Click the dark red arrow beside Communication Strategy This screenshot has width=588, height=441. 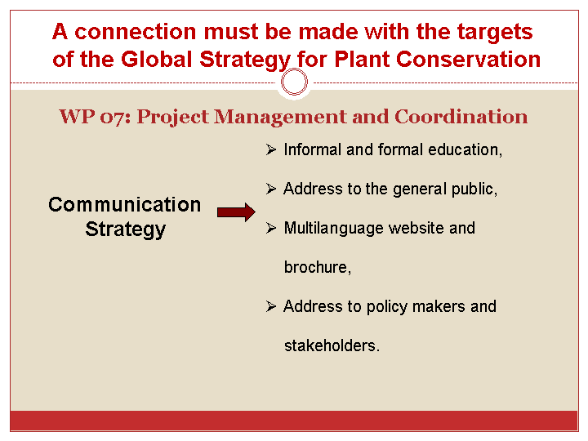(236, 212)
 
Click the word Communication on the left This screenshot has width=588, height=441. (124, 205)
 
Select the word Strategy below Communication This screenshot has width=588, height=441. (125, 229)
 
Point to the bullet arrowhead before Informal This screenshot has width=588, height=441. (271, 149)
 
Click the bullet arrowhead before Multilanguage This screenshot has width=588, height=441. (271, 228)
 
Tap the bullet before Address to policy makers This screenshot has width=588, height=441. (271, 306)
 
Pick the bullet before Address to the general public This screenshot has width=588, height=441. (271, 189)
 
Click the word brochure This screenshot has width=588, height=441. (317, 267)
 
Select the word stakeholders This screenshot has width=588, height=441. (332, 345)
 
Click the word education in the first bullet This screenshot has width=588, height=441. (465, 149)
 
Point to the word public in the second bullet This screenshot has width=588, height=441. (474, 189)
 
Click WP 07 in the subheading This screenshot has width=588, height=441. (95, 117)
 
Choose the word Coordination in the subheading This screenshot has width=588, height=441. (461, 117)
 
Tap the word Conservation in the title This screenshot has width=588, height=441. (468, 60)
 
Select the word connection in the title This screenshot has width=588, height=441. (136, 32)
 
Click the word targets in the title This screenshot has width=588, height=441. (495, 32)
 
